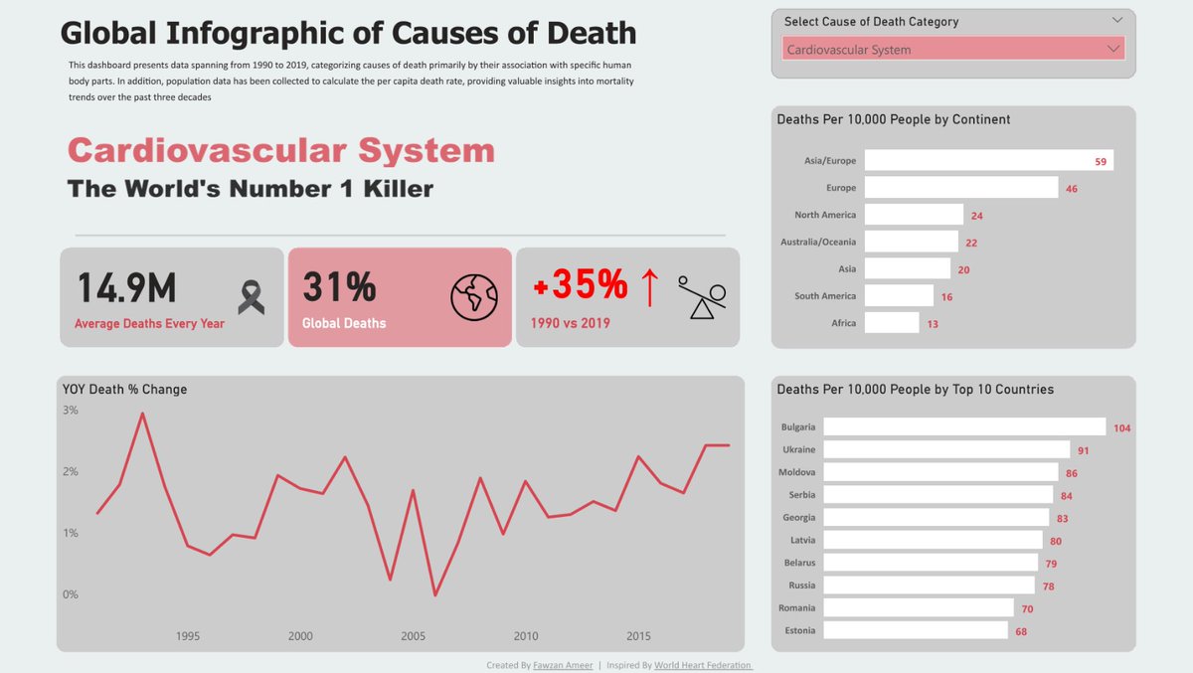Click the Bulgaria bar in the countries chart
(x=964, y=426)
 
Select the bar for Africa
(x=892, y=322)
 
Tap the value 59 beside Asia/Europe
(x=1101, y=161)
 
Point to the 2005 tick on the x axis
(x=414, y=636)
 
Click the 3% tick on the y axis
(x=71, y=410)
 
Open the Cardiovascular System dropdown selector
(x=953, y=49)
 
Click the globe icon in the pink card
(x=473, y=296)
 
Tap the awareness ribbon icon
(x=252, y=296)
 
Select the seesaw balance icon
(x=703, y=297)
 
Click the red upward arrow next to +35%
(x=649, y=287)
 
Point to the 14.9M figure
(x=127, y=287)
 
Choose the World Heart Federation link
(x=703, y=665)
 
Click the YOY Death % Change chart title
(x=124, y=389)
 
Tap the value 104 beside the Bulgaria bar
(x=1121, y=427)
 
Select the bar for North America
(x=914, y=215)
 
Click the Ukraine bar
(x=946, y=449)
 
